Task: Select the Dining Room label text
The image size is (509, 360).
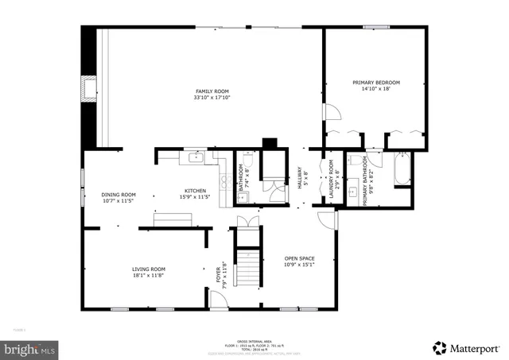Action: coord(119,195)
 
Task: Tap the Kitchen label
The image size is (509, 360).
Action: coord(196,191)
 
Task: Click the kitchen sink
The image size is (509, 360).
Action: coord(196,158)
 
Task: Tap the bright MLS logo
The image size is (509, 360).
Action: coord(30,348)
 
